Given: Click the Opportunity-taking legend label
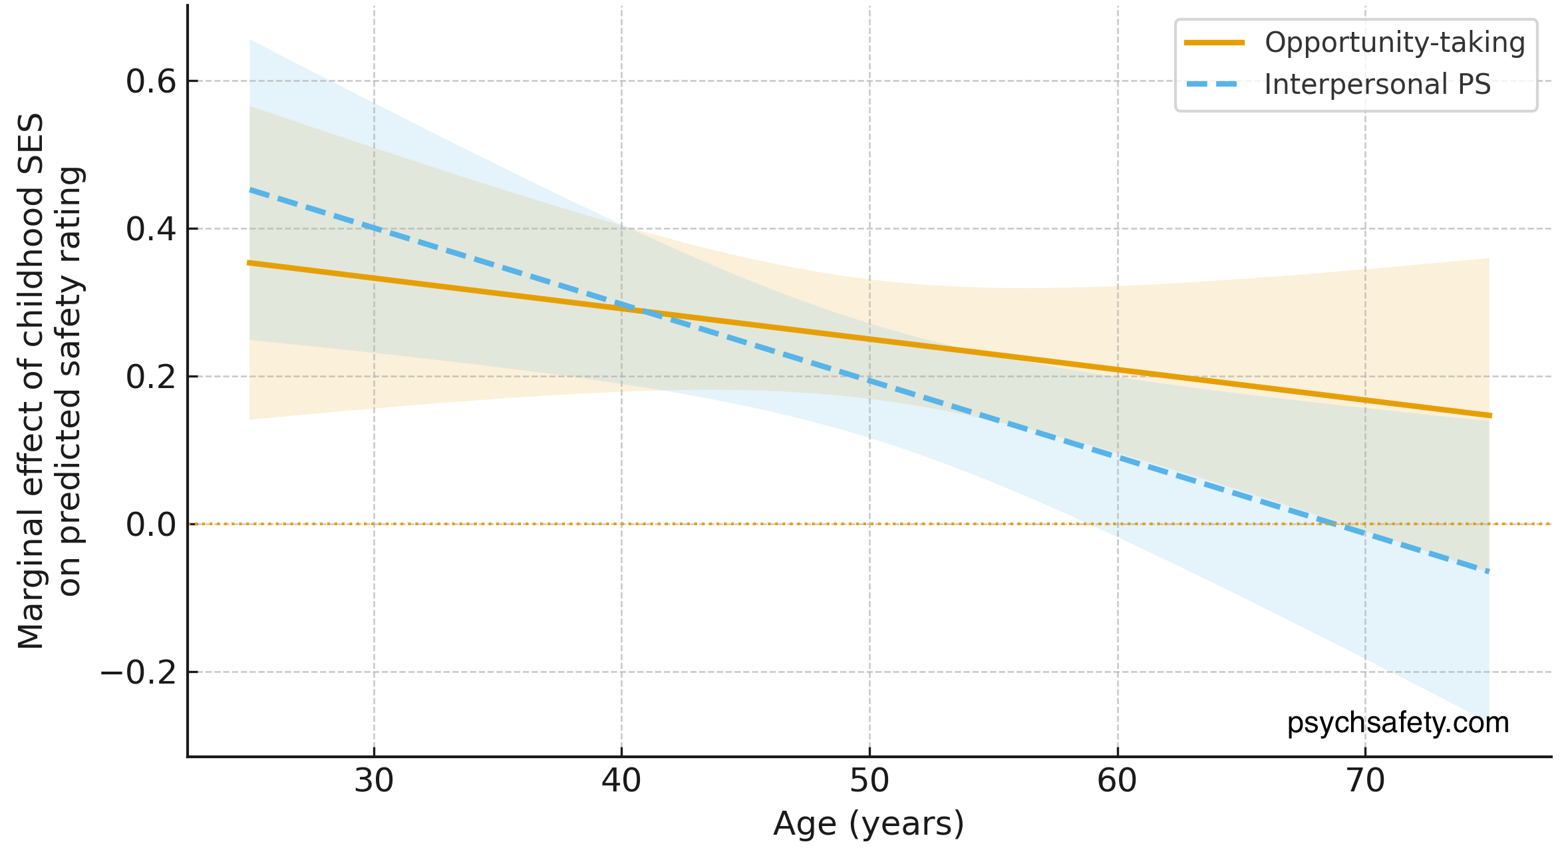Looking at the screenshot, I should (x=1394, y=43).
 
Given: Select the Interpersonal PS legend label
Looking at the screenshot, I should (x=1377, y=85).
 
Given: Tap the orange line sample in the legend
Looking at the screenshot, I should (x=1214, y=43).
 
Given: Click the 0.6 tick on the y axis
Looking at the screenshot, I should (x=151, y=81).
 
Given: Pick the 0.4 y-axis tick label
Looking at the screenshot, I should (x=151, y=229).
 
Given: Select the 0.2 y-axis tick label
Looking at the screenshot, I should (x=151, y=377).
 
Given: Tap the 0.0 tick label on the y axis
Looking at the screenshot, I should (x=151, y=525).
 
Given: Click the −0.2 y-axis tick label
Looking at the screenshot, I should (x=138, y=672).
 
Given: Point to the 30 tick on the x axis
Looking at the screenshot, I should (x=374, y=780).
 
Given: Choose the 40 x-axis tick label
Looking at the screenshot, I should (x=621, y=780).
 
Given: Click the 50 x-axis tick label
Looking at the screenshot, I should (x=869, y=780).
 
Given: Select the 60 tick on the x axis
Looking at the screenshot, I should (x=1117, y=780).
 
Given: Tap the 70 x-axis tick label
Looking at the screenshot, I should (x=1365, y=780).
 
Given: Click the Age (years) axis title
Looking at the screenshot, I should (x=869, y=824).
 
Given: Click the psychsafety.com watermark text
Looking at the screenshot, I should (x=1398, y=722).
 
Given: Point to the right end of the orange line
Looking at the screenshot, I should (x=1491, y=415).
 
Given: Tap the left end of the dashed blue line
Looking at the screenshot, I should (x=251, y=190).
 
